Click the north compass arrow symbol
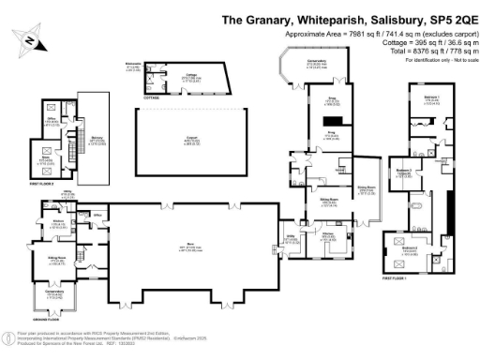[x=31, y=40]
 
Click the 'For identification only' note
[x=437, y=60]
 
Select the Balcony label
[x=96, y=142]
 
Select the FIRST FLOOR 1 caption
[x=399, y=278]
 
